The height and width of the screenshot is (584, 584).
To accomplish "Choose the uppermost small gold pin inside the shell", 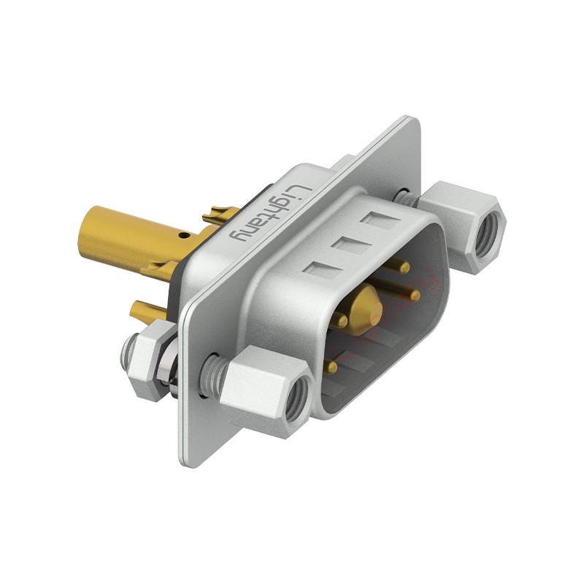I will tap(406, 268).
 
